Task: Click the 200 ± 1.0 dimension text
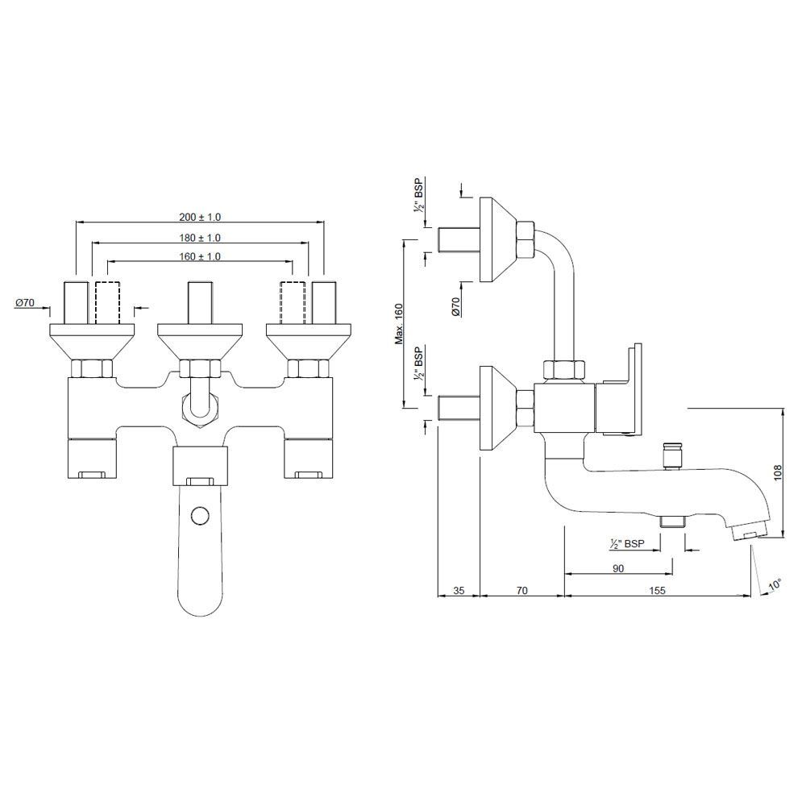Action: point(200,218)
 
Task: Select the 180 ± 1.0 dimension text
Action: point(200,238)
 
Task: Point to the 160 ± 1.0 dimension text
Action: point(200,256)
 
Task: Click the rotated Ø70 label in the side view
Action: point(455,306)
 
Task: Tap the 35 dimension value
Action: point(458,591)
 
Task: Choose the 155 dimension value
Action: point(657,591)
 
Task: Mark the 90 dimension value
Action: point(618,567)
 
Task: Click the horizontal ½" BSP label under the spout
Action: point(626,545)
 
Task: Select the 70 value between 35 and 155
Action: point(521,591)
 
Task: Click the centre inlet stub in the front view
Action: point(199,301)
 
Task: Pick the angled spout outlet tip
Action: point(750,533)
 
